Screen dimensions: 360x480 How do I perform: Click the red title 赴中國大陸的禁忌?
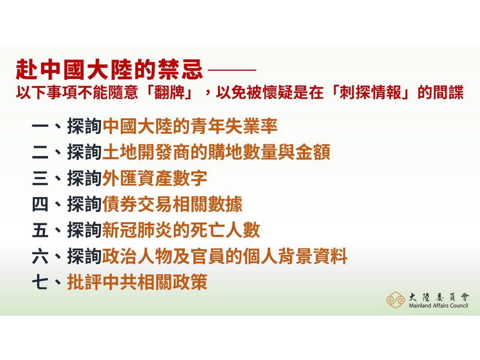click(109, 70)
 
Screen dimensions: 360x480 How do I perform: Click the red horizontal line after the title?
click(232, 70)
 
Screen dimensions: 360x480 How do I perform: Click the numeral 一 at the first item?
click(40, 127)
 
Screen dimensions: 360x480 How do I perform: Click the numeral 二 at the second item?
click(40, 153)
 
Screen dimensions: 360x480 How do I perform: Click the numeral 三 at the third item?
click(40, 179)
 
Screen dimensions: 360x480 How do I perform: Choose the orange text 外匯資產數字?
click(155, 179)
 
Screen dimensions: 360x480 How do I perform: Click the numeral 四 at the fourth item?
click(40, 205)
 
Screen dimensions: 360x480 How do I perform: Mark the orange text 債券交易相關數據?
click(172, 205)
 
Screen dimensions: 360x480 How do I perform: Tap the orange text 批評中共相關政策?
click(137, 282)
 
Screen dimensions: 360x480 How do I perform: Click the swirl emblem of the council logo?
click(396, 300)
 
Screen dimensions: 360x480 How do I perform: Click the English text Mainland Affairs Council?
click(438, 306)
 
